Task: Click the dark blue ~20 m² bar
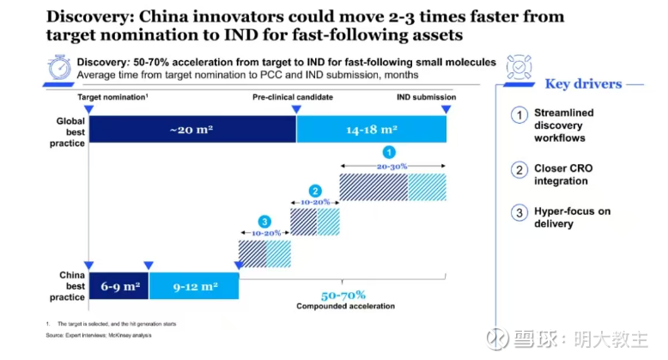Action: coord(191,129)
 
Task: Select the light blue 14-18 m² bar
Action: coord(371,129)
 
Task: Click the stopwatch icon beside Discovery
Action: coord(58,69)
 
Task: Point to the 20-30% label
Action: coord(393,166)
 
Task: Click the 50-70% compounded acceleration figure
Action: coord(343,294)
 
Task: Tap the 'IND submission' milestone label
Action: coord(426,97)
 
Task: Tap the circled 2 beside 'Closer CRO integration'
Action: coord(519,169)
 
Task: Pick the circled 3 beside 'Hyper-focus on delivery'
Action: coord(519,214)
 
